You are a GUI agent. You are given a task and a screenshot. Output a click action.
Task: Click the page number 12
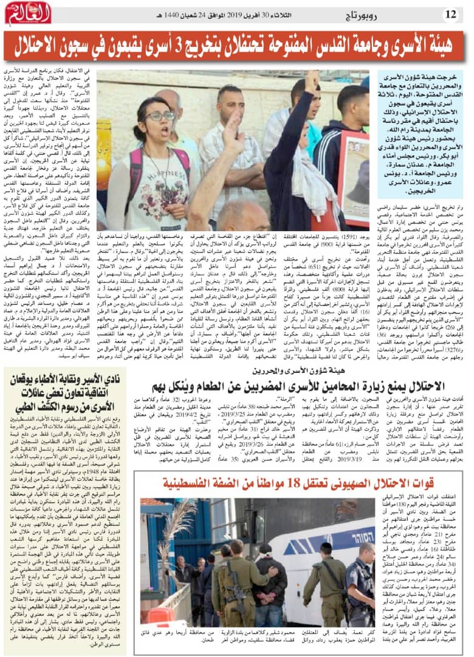[451, 13]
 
